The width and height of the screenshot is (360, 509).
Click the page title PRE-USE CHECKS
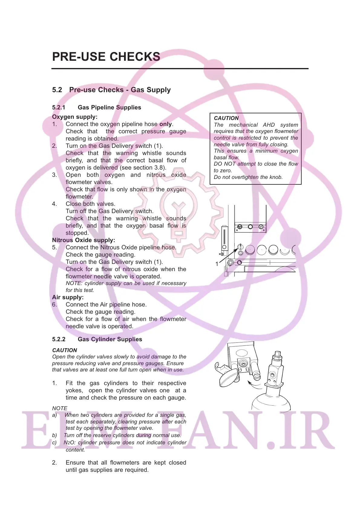[x=106, y=57]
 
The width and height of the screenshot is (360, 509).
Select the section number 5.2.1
[x=58, y=108]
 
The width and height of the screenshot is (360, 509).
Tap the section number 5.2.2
[x=58, y=339]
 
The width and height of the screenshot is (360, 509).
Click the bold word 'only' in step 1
[x=165, y=124]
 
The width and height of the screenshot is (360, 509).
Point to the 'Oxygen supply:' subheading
[x=75, y=117]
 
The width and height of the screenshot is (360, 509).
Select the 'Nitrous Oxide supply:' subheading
[x=83, y=240]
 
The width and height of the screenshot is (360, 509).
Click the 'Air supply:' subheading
[x=68, y=297]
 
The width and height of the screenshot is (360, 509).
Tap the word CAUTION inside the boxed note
[x=226, y=118]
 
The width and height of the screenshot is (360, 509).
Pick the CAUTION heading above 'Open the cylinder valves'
[x=64, y=350]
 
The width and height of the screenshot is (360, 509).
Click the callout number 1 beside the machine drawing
[x=217, y=264]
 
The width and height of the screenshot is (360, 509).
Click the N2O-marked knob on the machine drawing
[x=240, y=227]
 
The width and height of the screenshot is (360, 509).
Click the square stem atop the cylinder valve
[x=277, y=354]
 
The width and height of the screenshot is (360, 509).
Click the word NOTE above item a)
[x=60, y=408]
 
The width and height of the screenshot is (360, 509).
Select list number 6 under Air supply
[x=54, y=305]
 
